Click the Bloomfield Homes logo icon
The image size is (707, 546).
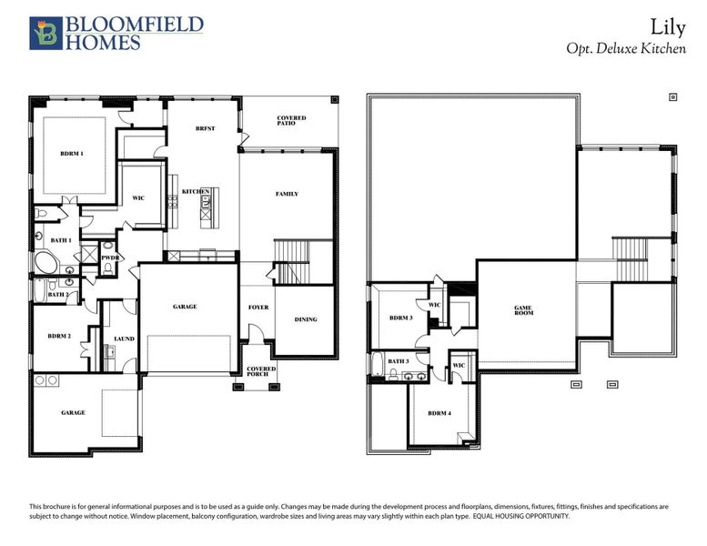coord(44,32)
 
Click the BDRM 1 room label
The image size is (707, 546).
coord(72,154)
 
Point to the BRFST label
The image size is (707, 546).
coord(205,129)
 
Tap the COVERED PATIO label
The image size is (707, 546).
coord(291,121)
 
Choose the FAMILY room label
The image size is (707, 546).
coord(287,194)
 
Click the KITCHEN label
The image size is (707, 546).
coord(196,191)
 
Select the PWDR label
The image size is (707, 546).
coord(111,258)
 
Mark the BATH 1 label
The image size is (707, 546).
coord(61,239)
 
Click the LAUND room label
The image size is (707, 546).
coord(124,339)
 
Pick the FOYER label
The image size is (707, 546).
coord(258,308)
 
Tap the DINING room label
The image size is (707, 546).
coord(306,319)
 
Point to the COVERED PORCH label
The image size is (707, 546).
coord(261,371)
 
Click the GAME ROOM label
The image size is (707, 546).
coord(523,310)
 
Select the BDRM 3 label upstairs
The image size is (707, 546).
coord(401,318)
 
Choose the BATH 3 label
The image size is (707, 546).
coord(399,361)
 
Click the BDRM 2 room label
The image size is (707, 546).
coord(59,336)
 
